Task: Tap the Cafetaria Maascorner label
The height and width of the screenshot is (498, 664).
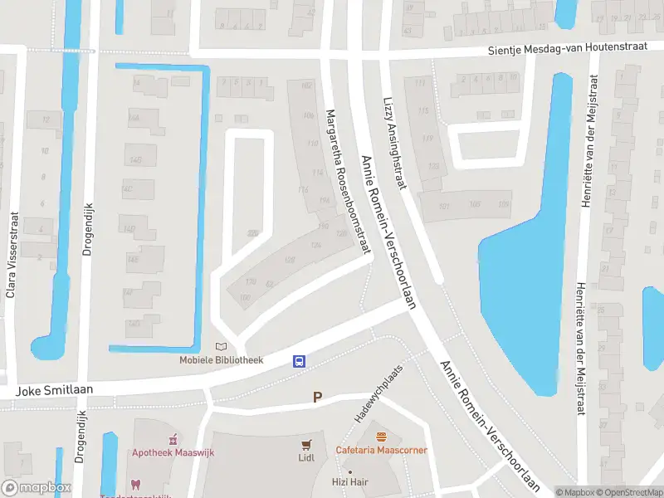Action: point(381,450)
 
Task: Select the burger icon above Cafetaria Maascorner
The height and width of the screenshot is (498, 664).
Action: point(381,437)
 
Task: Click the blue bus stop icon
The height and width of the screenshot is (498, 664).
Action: point(299,361)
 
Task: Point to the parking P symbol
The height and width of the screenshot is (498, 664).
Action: point(316,398)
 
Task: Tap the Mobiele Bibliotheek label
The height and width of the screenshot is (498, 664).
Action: point(222,360)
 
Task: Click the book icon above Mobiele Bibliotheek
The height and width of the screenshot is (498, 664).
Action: point(221,346)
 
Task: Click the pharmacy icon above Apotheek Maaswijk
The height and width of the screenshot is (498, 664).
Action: point(173,439)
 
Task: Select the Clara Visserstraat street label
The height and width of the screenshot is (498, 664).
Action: point(12,254)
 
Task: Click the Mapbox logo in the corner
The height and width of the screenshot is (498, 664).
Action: point(36,488)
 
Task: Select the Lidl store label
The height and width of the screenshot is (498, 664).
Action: point(307,457)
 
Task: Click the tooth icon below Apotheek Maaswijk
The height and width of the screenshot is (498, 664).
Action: point(135,485)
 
